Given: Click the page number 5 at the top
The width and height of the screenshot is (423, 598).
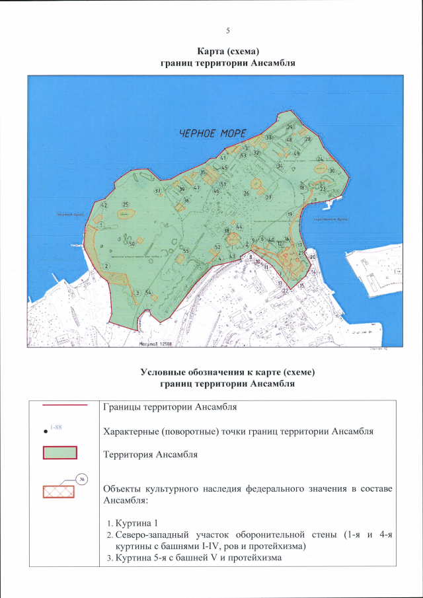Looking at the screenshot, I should (x=227, y=31).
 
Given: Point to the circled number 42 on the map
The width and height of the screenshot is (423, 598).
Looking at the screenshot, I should (x=103, y=206).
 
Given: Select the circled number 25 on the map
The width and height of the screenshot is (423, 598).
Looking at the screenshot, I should (x=125, y=206).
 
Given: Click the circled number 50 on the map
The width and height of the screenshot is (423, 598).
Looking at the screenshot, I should (x=132, y=244).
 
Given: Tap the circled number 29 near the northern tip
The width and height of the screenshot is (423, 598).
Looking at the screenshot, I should (x=289, y=127).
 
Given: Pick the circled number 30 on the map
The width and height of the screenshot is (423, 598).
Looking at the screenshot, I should (x=332, y=170).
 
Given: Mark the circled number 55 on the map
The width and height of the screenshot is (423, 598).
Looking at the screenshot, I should (x=186, y=251).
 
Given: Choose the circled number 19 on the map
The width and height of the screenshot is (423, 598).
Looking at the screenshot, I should (x=289, y=215).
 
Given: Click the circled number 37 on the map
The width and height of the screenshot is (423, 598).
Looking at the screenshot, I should (x=157, y=192).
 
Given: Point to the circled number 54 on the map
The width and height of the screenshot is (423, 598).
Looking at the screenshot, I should (x=149, y=292).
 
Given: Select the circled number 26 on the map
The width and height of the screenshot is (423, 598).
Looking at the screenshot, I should (x=246, y=194).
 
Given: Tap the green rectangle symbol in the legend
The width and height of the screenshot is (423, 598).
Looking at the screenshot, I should (x=60, y=453).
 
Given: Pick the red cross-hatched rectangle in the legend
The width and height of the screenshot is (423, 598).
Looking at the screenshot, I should (x=60, y=492).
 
